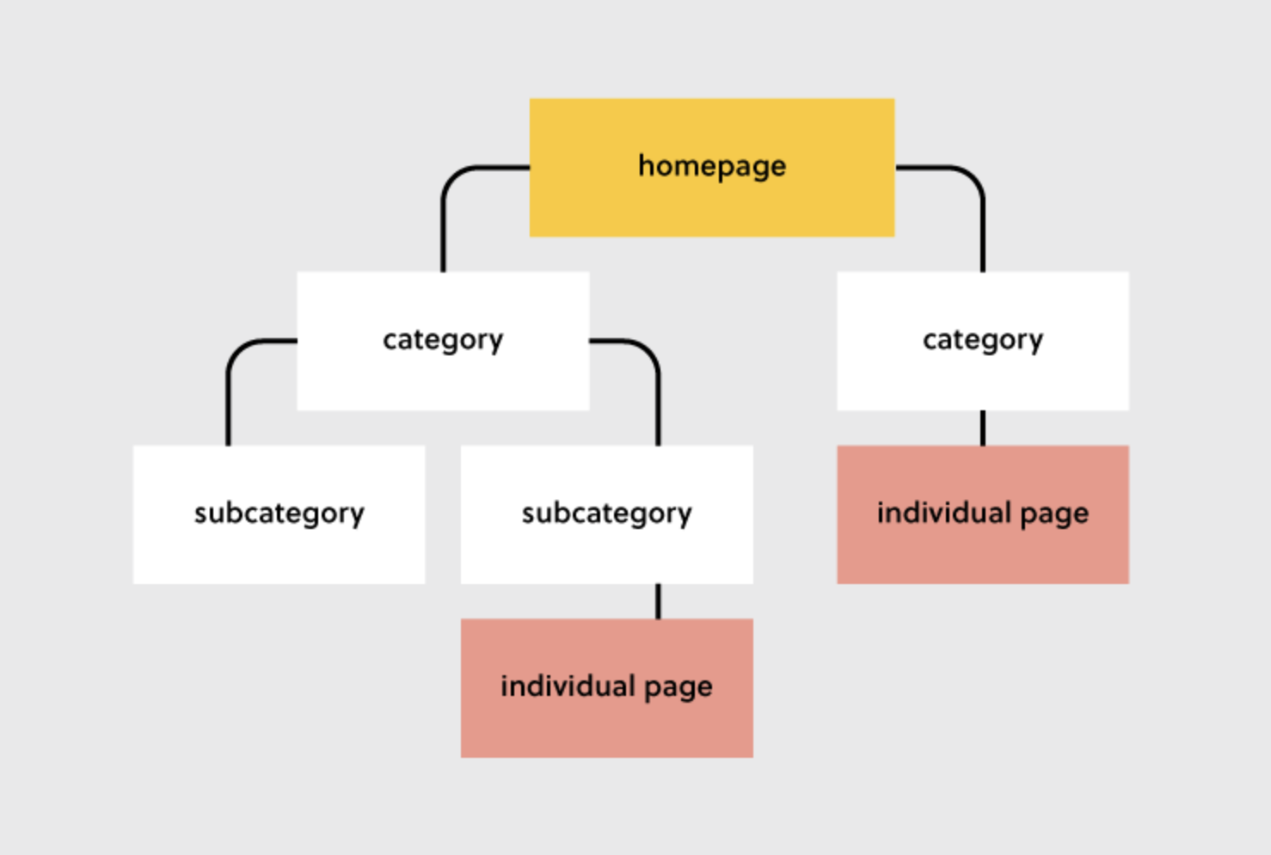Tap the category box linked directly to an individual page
pyautogui.click(x=982, y=378)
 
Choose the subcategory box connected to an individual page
pyautogui.click(x=606, y=551)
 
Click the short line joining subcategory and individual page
pyautogui.click(x=659, y=601)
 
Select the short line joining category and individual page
pyautogui.click(x=983, y=427)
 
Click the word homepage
pyautogui.click(x=712, y=166)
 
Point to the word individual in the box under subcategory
pyautogui.click(x=568, y=686)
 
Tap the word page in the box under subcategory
pyautogui.click(x=678, y=687)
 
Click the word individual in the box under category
pyautogui.click(x=943, y=513)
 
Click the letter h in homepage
pyautogui.click(x=645, y=165)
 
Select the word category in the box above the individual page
pyautogui.click(x=982, y=341)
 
